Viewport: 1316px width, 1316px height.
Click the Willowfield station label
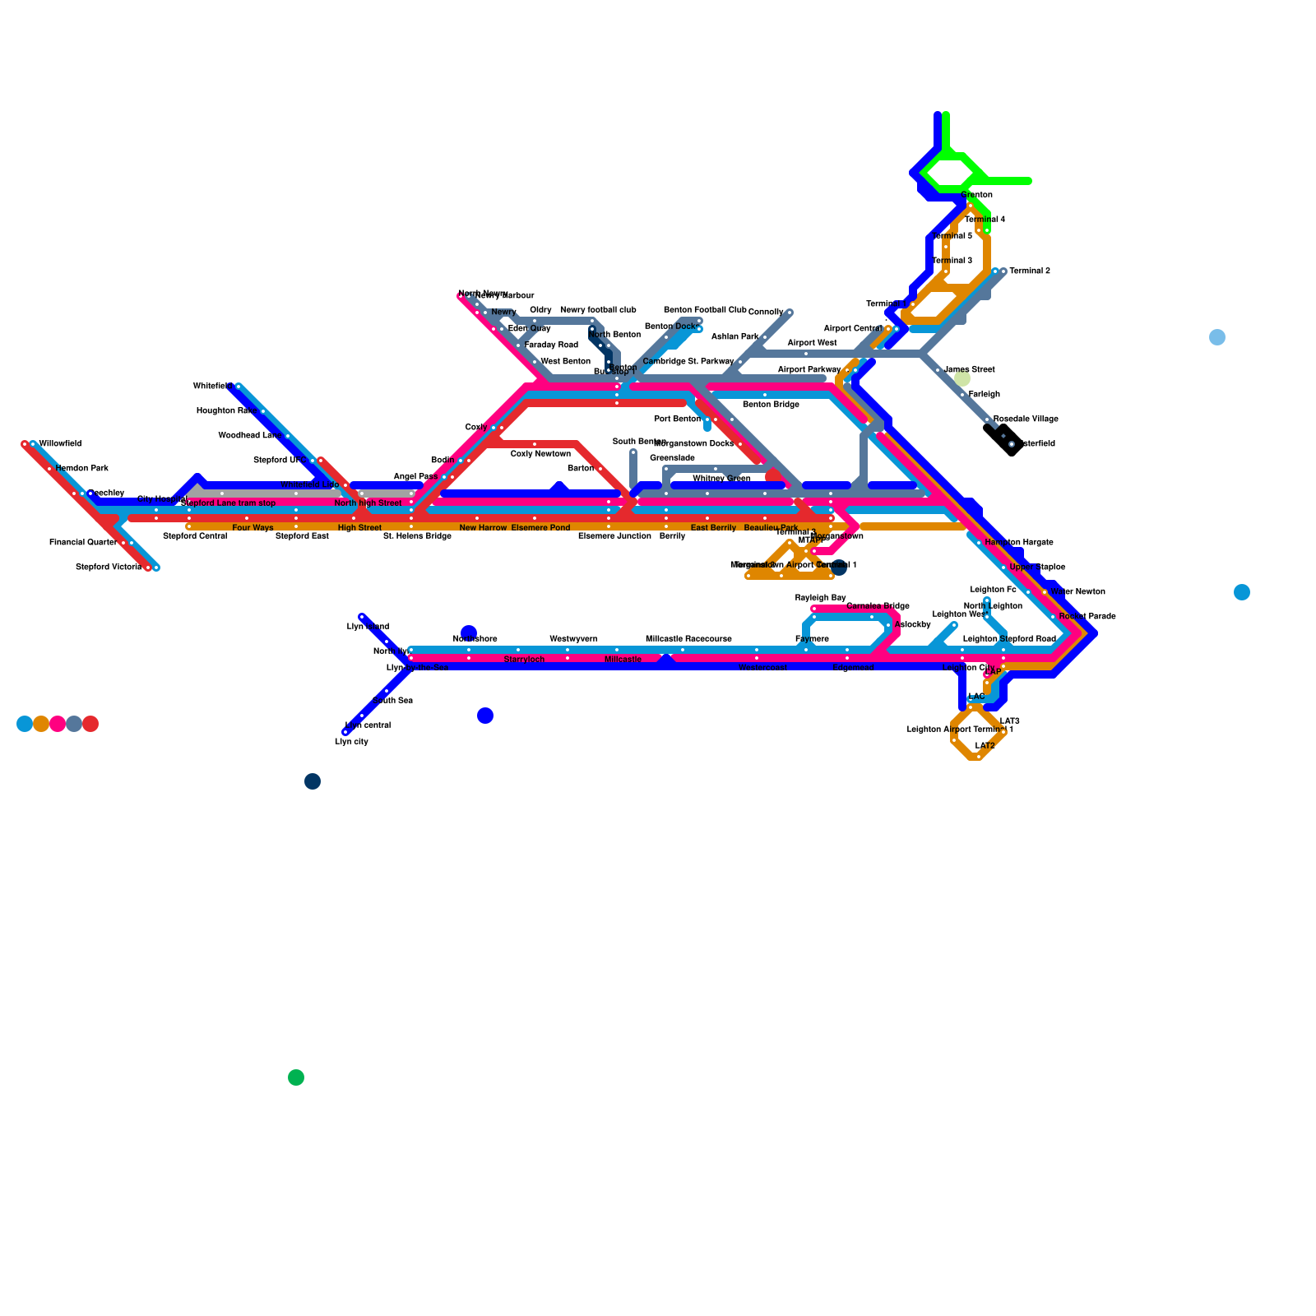point(60,444)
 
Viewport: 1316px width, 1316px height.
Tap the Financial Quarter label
point(83,543)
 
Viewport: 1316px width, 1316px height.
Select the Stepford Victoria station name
point(109,568)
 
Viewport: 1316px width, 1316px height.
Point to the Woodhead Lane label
point(250,436)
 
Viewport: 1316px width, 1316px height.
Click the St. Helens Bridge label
point(417,536)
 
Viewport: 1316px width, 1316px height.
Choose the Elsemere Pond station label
point(540,527)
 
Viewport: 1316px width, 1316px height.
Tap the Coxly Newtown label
point(540,454)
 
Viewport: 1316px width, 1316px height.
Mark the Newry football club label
point(598,310)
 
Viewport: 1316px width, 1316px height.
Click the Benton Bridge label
point(771,405)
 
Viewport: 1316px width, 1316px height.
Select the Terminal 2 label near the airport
point(1030,271)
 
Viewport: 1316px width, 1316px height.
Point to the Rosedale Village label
point(1026,419)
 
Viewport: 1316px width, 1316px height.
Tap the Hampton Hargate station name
point(1019,543)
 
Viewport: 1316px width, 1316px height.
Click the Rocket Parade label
point(1087,616)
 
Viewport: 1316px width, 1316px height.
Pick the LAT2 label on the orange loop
point(985,746)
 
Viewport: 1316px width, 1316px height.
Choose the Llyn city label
point(351,742)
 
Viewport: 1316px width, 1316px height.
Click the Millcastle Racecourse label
point(688,639)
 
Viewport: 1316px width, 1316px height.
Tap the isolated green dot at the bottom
point(296,1077)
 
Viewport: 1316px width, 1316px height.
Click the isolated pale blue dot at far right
point(1217,337)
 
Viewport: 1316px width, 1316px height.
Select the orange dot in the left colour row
point(41,724)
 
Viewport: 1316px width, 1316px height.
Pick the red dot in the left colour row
point(90,724)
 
